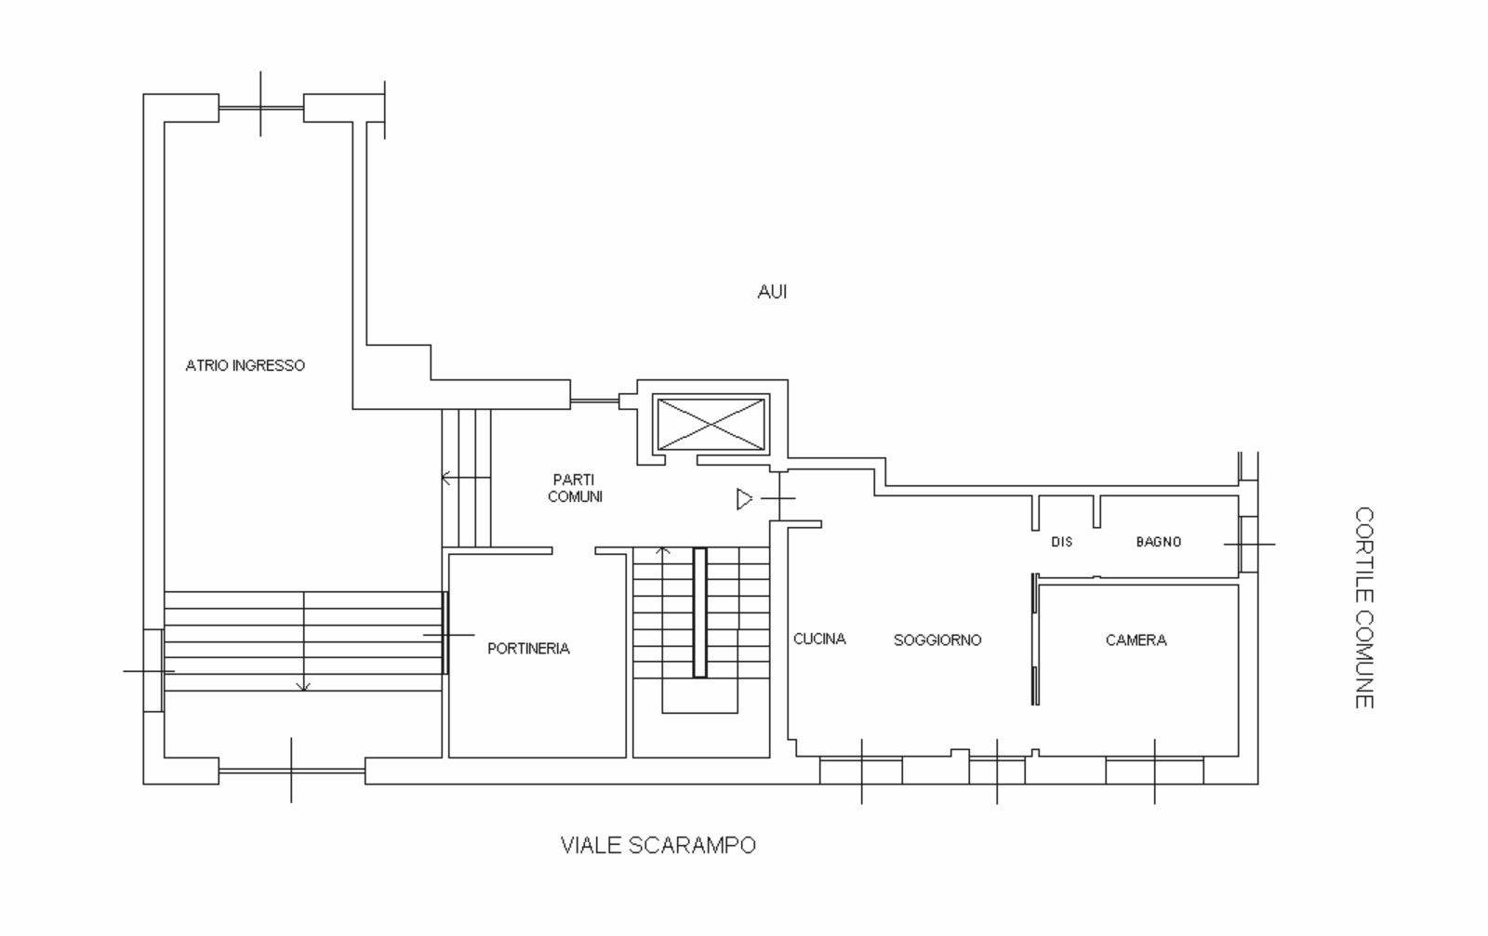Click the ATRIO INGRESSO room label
(246, 366)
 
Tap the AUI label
(772, 292)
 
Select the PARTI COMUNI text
(575, 488)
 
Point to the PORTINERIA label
(528, 649)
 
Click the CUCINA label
(819, 639)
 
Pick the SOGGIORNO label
(937, 639)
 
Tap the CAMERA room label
(1136, 639)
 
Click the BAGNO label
(1159, 542)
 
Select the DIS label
(1061, 542)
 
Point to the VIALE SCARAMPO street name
(658, 845)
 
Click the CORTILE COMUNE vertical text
(1364, 608)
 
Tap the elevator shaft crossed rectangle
(711, 424)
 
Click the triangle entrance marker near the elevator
(745, 499)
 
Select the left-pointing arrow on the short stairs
(466, 477)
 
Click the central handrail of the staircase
(699, 613)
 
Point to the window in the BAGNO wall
(1249, 545)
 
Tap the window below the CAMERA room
(1154, 771)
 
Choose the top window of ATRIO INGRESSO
(261, 108)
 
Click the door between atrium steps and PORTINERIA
(445, 633)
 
